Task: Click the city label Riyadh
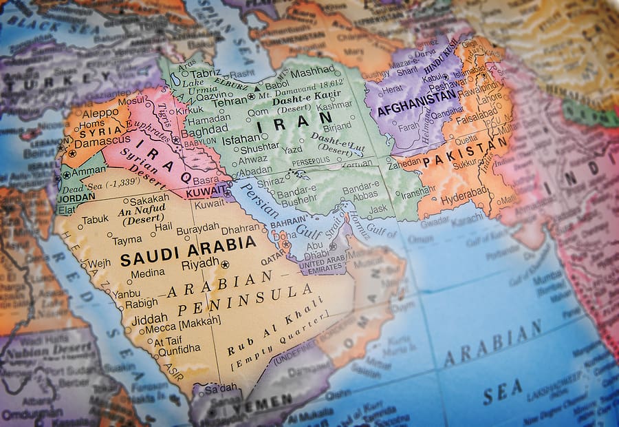(199, 264)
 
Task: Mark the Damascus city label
(102, 143)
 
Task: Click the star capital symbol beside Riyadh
(225, 264)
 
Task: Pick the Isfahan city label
(241, 138)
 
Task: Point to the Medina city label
(147, 273)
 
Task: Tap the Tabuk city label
(96, 220)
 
